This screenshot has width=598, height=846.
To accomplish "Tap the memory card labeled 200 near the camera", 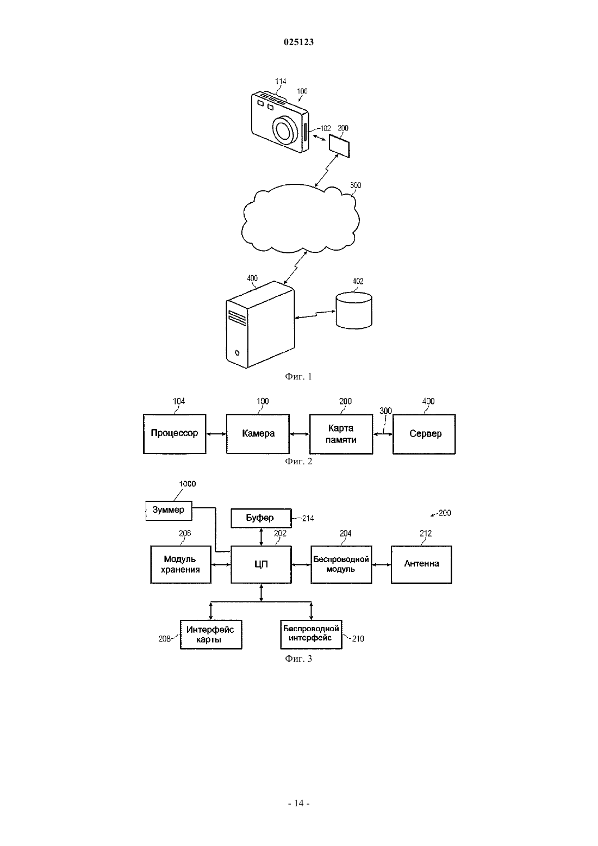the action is pyautogui.click(x=339, y=146).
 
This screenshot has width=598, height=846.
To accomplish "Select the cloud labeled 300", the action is pyautogui.click(x=301, y=219).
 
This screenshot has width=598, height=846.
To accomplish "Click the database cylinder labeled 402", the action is pyautogui.click(x=354, y=310).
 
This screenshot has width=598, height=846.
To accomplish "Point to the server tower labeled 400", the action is pyautogui.click(x=260, y=325).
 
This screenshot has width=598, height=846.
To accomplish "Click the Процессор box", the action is pyautogui.click(x=175, y=433).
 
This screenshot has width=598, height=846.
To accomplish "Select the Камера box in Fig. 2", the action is pyautogui.click(x=258, y=433).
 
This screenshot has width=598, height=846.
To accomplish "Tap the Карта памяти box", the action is pyautogui.click(x=341, y=434).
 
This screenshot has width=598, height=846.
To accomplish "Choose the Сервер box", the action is pyautogui.click(x=425, y=434).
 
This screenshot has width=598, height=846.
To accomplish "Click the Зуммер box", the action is pyautogui.click(x=169, y=511).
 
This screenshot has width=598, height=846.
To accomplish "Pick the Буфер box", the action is pyautogui.click(x=261, y=518).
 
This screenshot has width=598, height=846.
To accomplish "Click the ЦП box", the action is pyautogui.click(x=261, y=564).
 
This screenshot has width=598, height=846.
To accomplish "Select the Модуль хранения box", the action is pyautogui.click(x=181, y=564).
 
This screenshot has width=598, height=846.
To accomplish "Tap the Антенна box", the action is pyautogui.click(x=421, y=564).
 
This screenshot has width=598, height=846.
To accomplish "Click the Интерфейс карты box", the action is pyautogui.click(x=211, y=634).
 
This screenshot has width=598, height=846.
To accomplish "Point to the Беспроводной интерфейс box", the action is pyautogui.click(x=311, y=634).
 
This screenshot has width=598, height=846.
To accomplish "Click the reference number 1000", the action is pyautogui.click(x=188, y=484).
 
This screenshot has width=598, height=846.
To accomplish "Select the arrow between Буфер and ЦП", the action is pyautogui.click(x=261, y=537).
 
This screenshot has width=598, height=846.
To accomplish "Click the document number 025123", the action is pyautogui.click(x=298, y=42).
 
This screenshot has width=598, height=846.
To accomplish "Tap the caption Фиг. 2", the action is pyautogui.click(x=298, y=461).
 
